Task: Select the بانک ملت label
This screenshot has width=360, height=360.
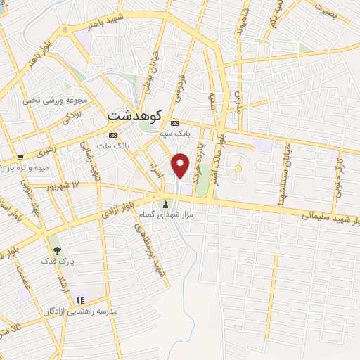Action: [x=112, y=146]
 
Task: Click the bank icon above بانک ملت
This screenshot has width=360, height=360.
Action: [x=112, y=135]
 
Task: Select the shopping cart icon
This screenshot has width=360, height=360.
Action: [x=21, y=156]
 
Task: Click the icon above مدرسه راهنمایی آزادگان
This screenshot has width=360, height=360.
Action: [x=80, y=300]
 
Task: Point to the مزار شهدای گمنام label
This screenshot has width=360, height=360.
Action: [x=166, y=214]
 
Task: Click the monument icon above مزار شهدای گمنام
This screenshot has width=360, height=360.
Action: [x=166, y=204]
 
